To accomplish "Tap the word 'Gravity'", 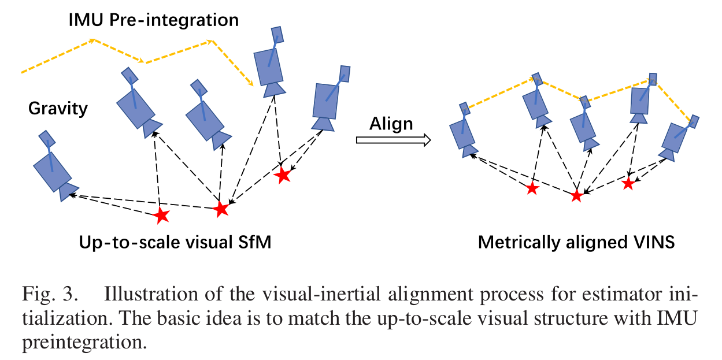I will pyautogui.click(x=58, y=108).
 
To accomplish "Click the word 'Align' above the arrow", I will pyautogui.click(x=391, y=123).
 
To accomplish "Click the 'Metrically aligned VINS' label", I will pyautogui.click(x=576, y=242).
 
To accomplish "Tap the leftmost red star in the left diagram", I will pyautogui.click(x=161, y=216).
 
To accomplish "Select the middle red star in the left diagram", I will pyautogui.click(x=221, y=209).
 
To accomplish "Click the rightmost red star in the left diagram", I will pyautogui.click(x=283, y=175).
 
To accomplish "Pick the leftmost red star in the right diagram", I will pyautogui.click(x=532, y=188).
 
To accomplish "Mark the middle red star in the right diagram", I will pyautogui.click(x=576, y=196).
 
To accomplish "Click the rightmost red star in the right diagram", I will pyautogui.click(x=628, y=184).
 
